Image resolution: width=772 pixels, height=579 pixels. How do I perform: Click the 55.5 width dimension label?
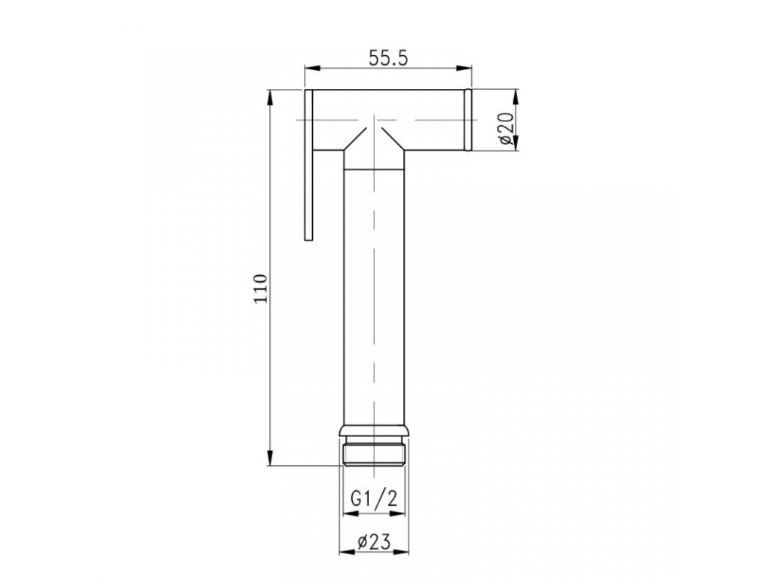(x=388, y=59)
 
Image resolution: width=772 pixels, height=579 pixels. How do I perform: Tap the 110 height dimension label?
(x=260, y=288)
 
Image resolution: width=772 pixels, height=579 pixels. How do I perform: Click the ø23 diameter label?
(x=374, y=542)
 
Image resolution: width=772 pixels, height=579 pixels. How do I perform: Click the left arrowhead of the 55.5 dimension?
(x=312, y=69)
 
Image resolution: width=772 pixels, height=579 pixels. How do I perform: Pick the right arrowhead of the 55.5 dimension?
(x=464, y=69)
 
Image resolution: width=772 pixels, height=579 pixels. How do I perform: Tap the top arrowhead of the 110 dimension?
(x=270, y=97)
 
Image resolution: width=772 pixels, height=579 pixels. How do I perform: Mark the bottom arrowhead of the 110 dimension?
(x=270, y=458)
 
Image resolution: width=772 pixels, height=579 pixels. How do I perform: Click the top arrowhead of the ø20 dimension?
(x=516, y=97)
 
